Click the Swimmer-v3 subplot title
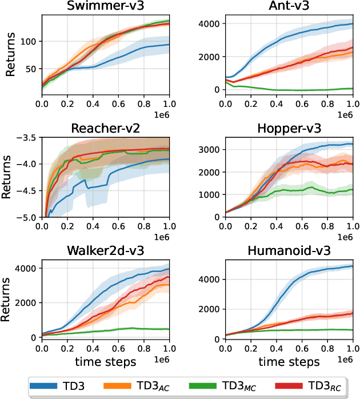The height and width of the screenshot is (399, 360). click(105, 7)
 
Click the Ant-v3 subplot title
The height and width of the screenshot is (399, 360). click(290, 7)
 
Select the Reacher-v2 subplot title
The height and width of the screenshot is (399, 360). click(105, 128)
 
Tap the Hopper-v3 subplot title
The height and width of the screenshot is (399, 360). click(290, 128)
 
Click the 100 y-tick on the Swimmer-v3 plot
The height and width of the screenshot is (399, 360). click(29, 42)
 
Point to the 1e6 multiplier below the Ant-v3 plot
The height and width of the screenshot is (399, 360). click(346, 114)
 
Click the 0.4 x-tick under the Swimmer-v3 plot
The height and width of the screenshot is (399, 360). click(93, 105)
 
